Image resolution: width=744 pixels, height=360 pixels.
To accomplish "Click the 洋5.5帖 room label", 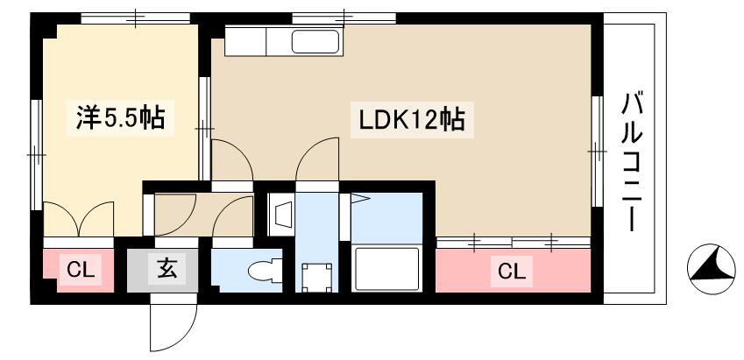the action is coord(121,118).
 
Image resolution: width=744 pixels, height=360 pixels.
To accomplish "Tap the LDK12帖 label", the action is coord(411,120).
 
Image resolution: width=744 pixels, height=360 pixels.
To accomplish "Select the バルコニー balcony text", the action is coord(632,162).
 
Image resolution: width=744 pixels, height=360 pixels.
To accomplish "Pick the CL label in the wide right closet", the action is coord(512,272).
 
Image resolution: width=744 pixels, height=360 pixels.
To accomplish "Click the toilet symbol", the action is coord(265,272).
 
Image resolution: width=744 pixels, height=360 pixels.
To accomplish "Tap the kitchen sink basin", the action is coord(315,42).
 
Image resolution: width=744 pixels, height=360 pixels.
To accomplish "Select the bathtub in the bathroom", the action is coord(386,268).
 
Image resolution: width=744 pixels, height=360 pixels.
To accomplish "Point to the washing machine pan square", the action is coord(316,278).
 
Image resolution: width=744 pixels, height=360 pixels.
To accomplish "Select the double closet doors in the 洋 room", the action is coord(79,219).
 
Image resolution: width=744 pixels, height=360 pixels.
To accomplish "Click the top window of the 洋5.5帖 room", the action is coord(135,18).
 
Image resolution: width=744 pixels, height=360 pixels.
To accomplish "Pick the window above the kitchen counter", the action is coord(344,18).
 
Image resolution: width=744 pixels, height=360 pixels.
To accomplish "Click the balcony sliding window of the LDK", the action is coord(597,152).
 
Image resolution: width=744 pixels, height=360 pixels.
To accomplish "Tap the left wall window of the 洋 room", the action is coord(37,155).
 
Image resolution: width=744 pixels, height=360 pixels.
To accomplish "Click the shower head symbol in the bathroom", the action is coord(358,199).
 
